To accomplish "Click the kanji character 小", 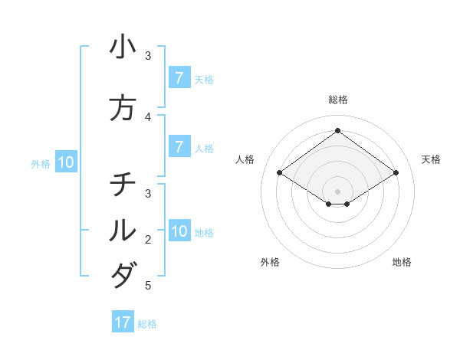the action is (x=123, y=47).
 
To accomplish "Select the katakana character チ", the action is (x=123, y=185).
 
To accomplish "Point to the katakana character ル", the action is (x=123, y=230).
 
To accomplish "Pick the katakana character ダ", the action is (x=123, y=275).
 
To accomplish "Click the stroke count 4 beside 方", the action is (x=149, y=117).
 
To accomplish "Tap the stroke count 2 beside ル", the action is (x=149, y=240).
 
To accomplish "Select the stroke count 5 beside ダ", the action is (x=149, y=286).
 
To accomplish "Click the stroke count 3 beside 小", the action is (x=149, y=56).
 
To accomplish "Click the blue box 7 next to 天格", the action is (x=179, y=77).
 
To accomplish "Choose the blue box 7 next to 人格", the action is (x=179, y=146).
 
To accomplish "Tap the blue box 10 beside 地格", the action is (x=179, y=231).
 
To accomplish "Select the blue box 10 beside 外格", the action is (x=66, y=162).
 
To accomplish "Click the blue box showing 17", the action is (x=123, y=322).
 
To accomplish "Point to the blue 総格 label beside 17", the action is (x=147, y=324).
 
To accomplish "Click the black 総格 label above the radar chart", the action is (x=337, y=100).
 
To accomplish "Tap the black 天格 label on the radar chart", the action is (x=431, y=159).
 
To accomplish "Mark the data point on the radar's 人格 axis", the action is (x=279, y=173).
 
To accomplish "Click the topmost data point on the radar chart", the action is (x=337, y=131).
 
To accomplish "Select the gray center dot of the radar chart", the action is (x=337, y=191).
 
